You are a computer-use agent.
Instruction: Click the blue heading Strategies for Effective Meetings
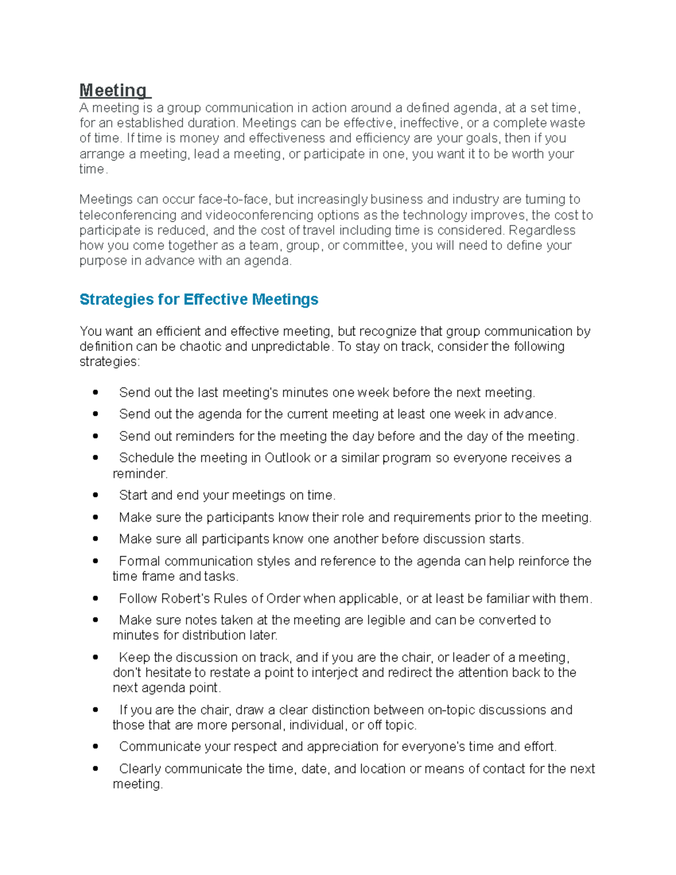coord(199,299)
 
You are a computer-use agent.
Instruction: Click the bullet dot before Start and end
coord(96,495)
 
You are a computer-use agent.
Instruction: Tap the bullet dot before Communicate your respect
coord(96,747)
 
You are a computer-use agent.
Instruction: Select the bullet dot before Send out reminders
coord(96,436)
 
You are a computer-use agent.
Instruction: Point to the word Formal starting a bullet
coord(140,561)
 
